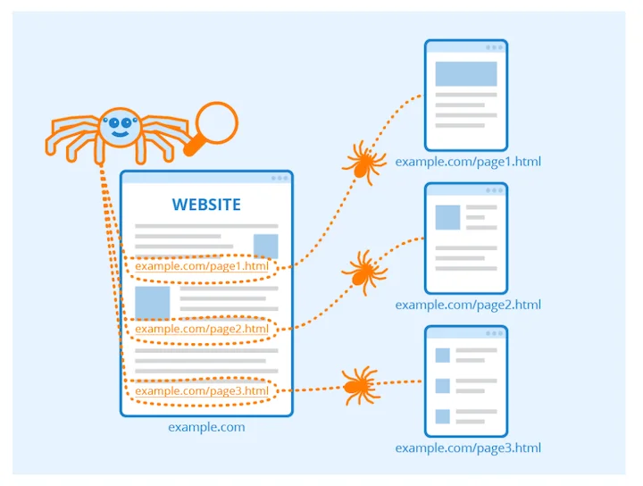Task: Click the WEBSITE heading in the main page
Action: coord(206,205)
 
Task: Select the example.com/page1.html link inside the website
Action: coord(202,266)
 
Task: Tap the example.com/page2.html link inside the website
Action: coord(202,329)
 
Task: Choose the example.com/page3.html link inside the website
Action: coord(202,390)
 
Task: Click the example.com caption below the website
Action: coord(206,427)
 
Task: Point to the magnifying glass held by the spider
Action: coord(216,123)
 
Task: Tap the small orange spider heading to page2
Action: coord(360,270)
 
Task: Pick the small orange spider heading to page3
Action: coord(359,385)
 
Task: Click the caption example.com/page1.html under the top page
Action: coord(468,163)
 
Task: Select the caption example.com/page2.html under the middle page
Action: coord(468,305)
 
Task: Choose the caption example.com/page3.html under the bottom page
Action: coord(468,448)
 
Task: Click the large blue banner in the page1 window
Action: coord(465,73)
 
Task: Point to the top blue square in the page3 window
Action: coord(442,356)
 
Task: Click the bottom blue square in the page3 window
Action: coord(442,415)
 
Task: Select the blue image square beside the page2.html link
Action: coord(152,302)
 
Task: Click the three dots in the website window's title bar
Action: coord(280,178)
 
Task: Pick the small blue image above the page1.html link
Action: coord(265,246)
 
